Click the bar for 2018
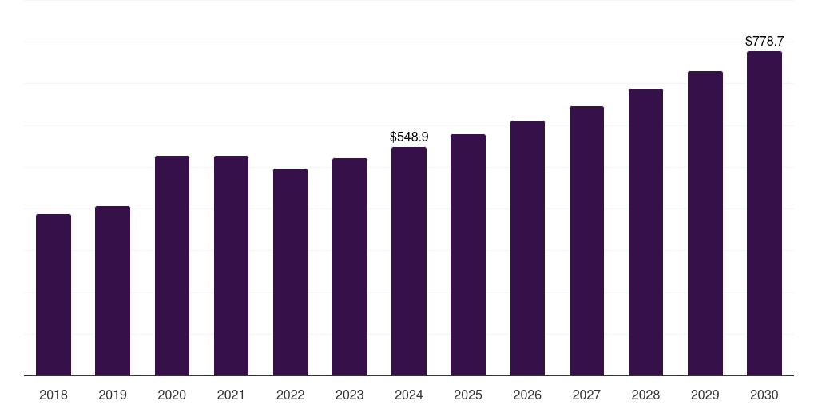(x=54, y=295)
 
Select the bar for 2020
(x=172, y=265)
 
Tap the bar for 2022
(x=290, y=272)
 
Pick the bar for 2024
(x=409, y=261)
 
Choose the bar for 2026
(x=527, y=248)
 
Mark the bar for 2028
(x=645, y=232)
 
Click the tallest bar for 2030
(x=764, y=213)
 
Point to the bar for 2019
(x=113, y=291)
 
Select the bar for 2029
(x=705, y=223)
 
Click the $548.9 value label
(x=409, y=137)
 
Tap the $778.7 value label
(x=764, y=41)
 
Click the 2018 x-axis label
(x=54, y=395)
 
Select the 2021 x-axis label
(x=231, y=395)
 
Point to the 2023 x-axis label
(x=349, y=395)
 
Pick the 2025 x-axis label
(x=468, y=395)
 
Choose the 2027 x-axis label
(x=586, y=395)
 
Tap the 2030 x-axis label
(x=764, y=395)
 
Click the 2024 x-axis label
(x=409, y=395)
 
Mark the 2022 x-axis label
(x=290, y=395)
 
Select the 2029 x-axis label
(x=705, y=395)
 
